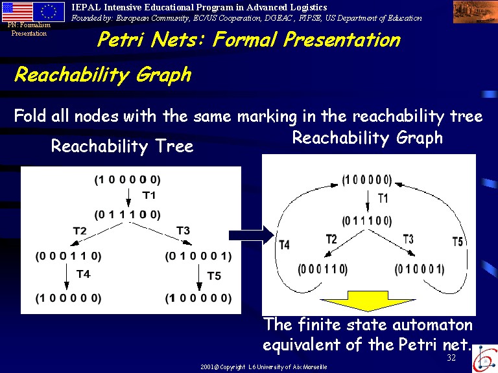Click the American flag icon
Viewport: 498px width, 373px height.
tap(17, 12)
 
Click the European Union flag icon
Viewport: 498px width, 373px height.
tap(49, 12)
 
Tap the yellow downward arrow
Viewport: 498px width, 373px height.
tap(368, 300)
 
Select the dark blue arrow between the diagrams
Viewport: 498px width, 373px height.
tap(251, 235)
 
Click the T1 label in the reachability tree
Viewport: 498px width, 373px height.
tap(149, 195)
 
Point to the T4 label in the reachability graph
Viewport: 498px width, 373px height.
tap(284, 245)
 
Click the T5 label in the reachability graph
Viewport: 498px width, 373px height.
tap(457, 242)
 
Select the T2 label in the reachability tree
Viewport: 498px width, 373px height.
tap(79, 231)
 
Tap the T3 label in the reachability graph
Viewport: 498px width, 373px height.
tap(408, 239)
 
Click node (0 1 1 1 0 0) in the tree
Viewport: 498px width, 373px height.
tap(127, 215)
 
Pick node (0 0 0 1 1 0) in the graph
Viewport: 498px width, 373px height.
tap(323, 269)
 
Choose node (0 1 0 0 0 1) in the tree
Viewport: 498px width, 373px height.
tap(198, 256)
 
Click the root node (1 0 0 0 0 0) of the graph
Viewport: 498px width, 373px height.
tap(367, 180)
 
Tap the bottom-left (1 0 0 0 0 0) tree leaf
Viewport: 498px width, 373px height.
tap(68, 298)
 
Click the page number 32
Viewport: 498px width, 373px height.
tap(451, 357)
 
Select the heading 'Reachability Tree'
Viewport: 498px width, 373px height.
tap(123, 146)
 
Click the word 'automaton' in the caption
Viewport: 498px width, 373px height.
tap(433, 325)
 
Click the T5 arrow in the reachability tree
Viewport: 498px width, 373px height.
tap(199, 277)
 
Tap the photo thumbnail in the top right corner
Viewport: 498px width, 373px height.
tap(475, 12)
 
